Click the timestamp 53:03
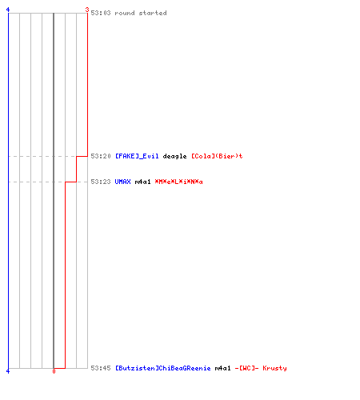101,13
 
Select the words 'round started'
141,13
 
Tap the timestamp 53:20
101,156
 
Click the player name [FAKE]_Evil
137,156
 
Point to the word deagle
174,156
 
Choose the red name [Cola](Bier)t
217,156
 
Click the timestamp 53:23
101,182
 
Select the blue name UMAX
122,182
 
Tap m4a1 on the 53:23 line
142,182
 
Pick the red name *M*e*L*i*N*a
178,182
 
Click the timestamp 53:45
101,368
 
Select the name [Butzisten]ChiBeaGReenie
162,368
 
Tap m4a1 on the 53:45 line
222,368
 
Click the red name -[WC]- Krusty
261,368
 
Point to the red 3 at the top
87,10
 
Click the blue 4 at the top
8,10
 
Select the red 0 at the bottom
54,371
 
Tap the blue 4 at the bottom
8,371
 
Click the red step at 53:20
82,156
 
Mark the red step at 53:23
70,182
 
